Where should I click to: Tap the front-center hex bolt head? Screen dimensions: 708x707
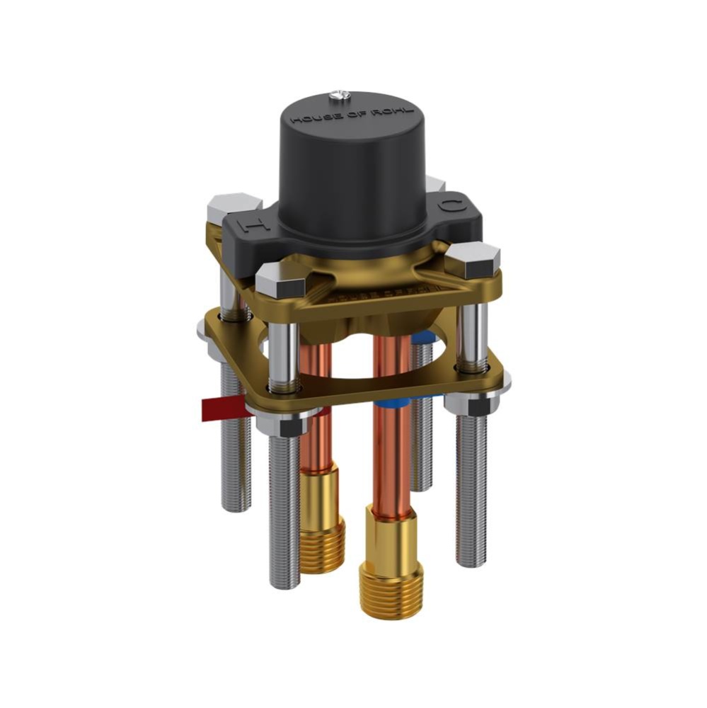280,280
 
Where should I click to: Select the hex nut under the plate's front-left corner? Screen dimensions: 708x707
282,424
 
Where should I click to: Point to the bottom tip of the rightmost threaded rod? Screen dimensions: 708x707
471,563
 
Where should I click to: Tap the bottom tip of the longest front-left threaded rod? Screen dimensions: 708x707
284,584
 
